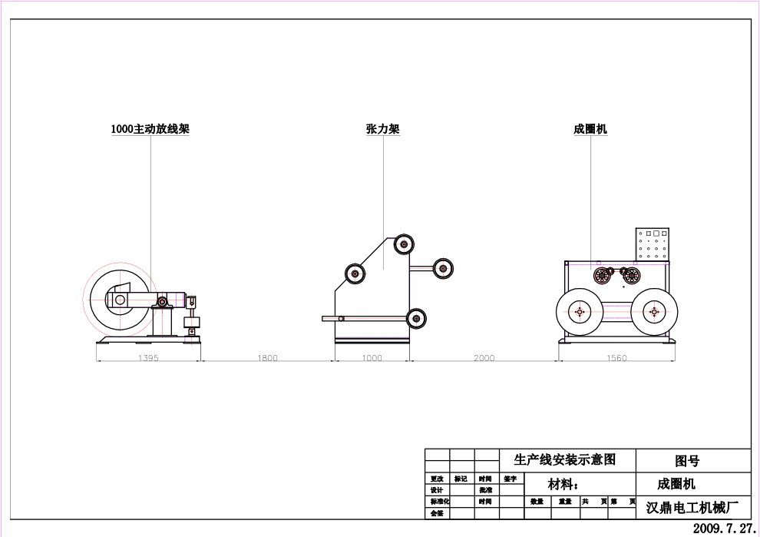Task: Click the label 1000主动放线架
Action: [x=150, y=129]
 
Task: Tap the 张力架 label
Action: [x=382, y=129]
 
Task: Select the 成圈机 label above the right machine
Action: [x=590, y=129]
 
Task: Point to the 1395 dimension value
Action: [x=147, y=358]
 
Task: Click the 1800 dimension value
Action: [x=267, y=358]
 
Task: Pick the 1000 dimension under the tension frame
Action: [x=372, y=358]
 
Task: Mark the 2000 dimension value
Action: [x=484, y=358]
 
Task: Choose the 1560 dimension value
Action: [x=616, y=358]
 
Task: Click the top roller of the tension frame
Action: [x=404, y=245]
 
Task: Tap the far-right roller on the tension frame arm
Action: [x=443, y=268]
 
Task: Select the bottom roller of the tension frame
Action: [x=416, y=317]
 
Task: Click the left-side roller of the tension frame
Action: [x=355, y=273]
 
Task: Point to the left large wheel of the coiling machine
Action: [x=579, y=311]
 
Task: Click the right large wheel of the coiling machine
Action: [x=653, y=311]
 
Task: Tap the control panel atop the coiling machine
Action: [x=653, y=244]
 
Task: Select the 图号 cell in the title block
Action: [x=687, y=461]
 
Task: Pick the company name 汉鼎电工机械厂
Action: [x=692, y=508]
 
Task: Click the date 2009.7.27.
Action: [x=724, y=529]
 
